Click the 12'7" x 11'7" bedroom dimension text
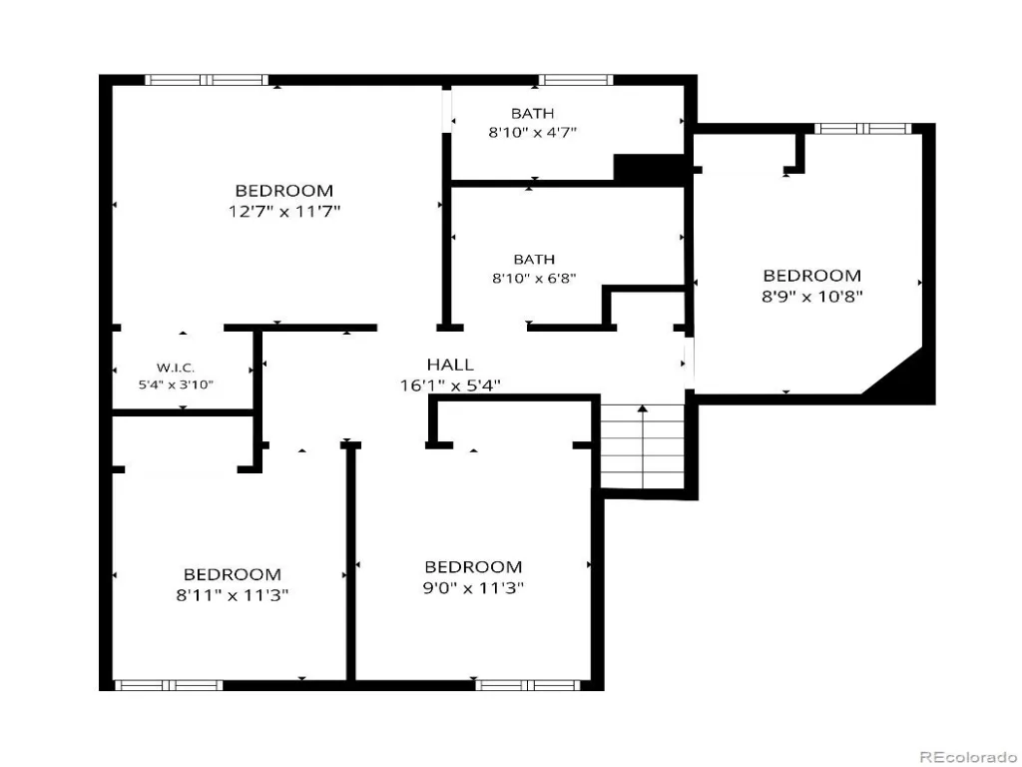point(284,212)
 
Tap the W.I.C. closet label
point(176,368)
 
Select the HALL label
point(450,365)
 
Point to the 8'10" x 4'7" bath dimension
point(533,132)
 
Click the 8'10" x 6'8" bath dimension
point(534,278)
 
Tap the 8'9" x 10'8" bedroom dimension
point(812,296)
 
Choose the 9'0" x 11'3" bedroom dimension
point(473,587)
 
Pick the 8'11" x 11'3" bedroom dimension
point(232,595)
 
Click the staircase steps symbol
point(642,446)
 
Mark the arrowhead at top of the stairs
point(643,408)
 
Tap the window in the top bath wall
point(576,80)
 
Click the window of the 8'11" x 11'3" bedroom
point(169,685)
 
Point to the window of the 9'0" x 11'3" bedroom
point(528,685)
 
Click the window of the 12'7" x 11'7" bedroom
point(207,80)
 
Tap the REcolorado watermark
point(967,757)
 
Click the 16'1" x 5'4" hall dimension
point(450,385)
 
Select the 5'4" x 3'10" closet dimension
point(176,384)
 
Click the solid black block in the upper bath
point(649,168)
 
